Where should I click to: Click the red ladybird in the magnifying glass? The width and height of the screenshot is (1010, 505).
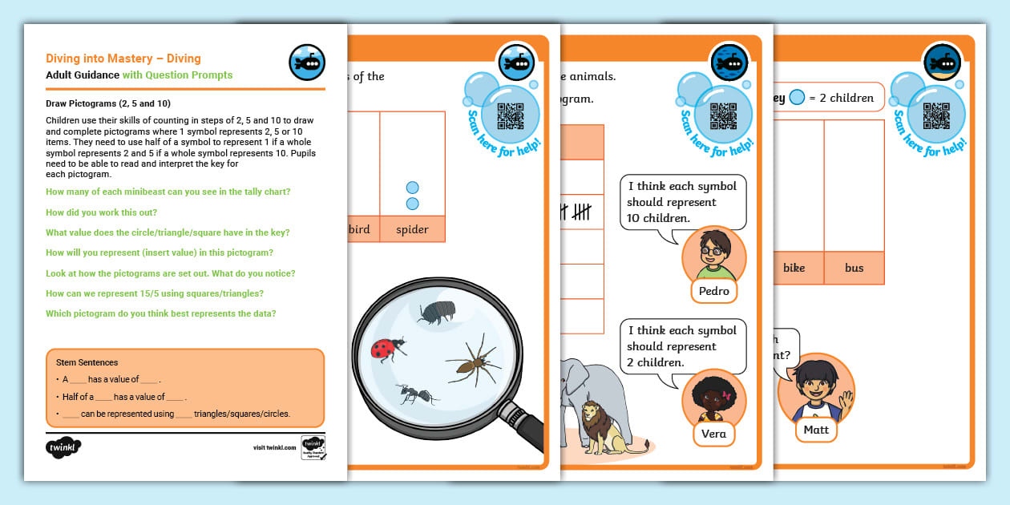(x=386, y=349)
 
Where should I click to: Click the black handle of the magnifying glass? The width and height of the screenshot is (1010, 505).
(x=526, y=426)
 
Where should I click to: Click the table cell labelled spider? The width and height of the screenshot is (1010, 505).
(x=412, y=229)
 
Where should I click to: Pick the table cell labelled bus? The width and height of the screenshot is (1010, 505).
(x=854, y=268)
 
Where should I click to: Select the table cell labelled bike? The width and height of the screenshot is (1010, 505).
(x=794, y=268)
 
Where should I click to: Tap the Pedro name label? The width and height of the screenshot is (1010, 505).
(x=713, y=291)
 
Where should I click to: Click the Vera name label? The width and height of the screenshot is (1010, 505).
(x=713, y=434)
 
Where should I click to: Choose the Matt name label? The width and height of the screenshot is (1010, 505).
(x=816, y=430)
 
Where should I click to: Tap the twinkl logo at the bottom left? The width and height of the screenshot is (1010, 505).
(x=64, y=446)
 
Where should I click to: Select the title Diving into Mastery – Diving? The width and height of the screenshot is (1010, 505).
(x=123, y=58)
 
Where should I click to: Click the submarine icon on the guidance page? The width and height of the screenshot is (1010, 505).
(x=307, y=63)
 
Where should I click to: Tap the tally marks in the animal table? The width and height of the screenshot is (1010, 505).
(x=576, y=212)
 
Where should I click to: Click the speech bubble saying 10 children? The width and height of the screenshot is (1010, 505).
(x=682, y=202)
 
